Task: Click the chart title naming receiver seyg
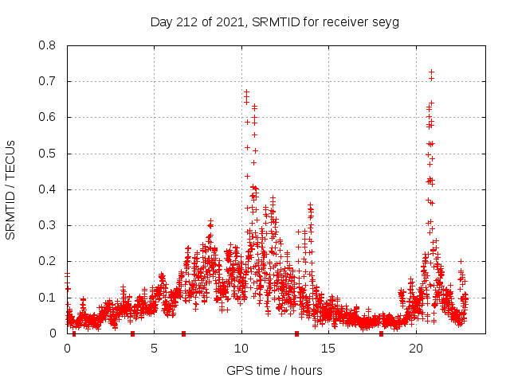275,21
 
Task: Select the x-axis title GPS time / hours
275,370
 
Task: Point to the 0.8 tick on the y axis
49,45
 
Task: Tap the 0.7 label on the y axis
49,81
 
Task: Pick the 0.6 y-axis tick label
49,117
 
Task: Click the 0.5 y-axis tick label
49,154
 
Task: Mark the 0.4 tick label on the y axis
49,189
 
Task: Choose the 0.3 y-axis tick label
49,225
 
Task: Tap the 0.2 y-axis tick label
49,261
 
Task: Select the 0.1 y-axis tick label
49,298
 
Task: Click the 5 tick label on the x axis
155,349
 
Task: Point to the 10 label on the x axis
241,349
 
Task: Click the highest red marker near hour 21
431,72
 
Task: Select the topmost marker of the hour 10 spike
246,92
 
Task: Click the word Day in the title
162,21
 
